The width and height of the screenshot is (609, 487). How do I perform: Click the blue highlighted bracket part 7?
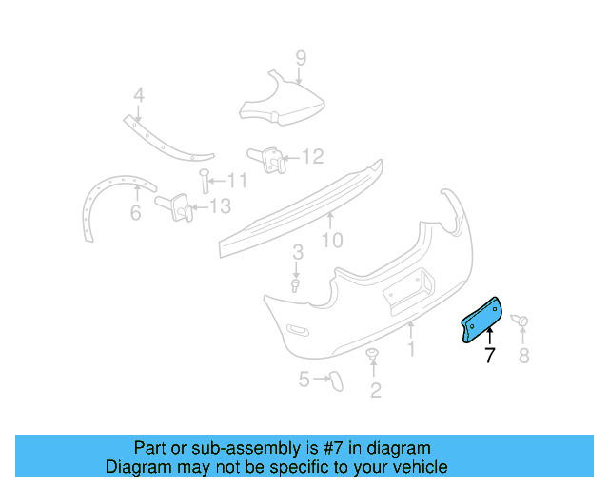482,321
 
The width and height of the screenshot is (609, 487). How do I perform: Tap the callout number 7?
489,357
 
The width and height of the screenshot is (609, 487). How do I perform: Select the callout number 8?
522,357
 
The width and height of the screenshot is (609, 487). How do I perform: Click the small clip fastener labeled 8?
521,323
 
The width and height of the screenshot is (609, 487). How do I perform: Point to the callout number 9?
301,59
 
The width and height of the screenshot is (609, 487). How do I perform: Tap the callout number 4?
138,95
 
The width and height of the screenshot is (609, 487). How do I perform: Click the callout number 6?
135,214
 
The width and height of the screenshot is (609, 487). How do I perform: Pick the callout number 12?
313,157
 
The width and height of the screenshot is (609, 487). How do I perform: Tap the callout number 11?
237,180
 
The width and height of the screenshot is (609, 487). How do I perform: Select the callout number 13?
220,205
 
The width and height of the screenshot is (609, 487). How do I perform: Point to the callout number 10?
331,239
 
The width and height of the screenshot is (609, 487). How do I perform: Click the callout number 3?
297,252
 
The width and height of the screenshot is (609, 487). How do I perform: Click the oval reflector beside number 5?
335,380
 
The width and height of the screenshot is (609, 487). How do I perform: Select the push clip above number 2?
373,357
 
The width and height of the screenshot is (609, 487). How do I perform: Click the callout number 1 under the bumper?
411,350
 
